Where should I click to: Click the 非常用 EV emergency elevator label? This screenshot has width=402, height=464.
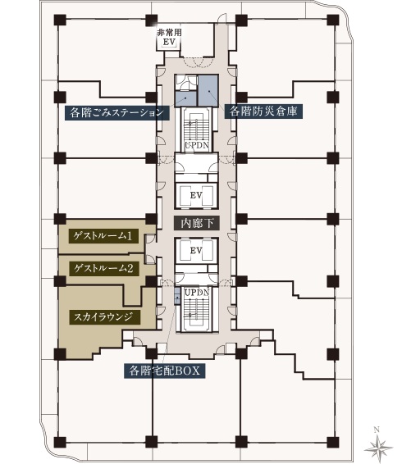(169, 37)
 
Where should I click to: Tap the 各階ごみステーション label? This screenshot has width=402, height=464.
(117, 112)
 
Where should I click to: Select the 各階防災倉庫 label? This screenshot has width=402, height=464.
(263, 111)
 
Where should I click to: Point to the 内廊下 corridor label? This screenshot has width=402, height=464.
(197, 223)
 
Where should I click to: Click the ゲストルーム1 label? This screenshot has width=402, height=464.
(103, 236)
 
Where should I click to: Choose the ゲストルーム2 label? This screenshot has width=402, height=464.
(103, 269)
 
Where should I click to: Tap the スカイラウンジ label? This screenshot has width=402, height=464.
(103, 317)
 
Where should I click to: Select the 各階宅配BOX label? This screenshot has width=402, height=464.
(164, 371)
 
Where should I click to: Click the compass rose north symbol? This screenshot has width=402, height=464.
(378, 447)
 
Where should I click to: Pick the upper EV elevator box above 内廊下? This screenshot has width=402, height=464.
(196, 196)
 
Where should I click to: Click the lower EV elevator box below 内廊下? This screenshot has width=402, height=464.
(196, 250)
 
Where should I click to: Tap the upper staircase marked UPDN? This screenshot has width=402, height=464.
(197, 130)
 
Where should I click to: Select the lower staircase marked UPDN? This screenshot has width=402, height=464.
(197, 309)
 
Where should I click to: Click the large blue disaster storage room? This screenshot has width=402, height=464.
(208, 90)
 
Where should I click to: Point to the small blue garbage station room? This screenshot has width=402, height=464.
(186, 98)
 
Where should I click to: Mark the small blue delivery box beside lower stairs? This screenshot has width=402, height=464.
(177, 296)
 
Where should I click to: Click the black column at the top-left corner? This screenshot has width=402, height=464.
(60, 20)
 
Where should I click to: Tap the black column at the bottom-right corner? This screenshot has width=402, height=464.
(333, 442)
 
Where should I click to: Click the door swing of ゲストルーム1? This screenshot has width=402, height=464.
(150, 239)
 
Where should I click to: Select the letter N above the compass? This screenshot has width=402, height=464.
(377, 430)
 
